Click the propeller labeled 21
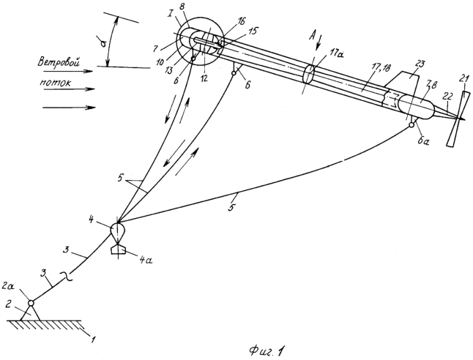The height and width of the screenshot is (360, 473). point(458,119)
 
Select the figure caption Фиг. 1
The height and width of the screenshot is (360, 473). point(267,350)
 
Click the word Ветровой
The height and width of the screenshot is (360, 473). point(59,63)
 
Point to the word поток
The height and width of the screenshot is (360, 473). point(55,82)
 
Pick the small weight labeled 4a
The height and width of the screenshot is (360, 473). point(119,250)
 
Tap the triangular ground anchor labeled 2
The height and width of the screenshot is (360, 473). point(31,314)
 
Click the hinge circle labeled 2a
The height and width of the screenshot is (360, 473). point(31,302)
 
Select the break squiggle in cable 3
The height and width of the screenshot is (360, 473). point(68,277)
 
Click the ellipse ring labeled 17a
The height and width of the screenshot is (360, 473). point(308,73)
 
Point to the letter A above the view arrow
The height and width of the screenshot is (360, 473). point(313,37)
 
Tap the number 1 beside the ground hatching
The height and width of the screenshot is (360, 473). point(93,340)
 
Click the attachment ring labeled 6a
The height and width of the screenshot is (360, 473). point(411,125)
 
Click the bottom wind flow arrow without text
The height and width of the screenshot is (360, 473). point(70,108)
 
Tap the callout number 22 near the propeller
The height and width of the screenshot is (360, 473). point(448,97)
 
